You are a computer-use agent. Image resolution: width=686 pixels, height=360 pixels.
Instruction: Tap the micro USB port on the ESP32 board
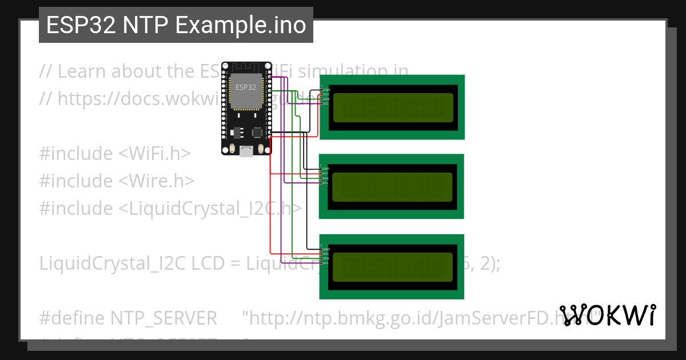[x=247, y=151]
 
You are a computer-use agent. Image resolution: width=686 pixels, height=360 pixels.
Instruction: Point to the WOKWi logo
[x=607, y=315]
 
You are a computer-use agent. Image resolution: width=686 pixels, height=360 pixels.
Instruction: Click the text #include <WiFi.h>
[x=115, y=154]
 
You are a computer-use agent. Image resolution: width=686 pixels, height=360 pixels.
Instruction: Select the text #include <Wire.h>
[x=117, y=181]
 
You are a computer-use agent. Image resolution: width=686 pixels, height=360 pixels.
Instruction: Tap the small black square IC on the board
[x=257, y=133]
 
